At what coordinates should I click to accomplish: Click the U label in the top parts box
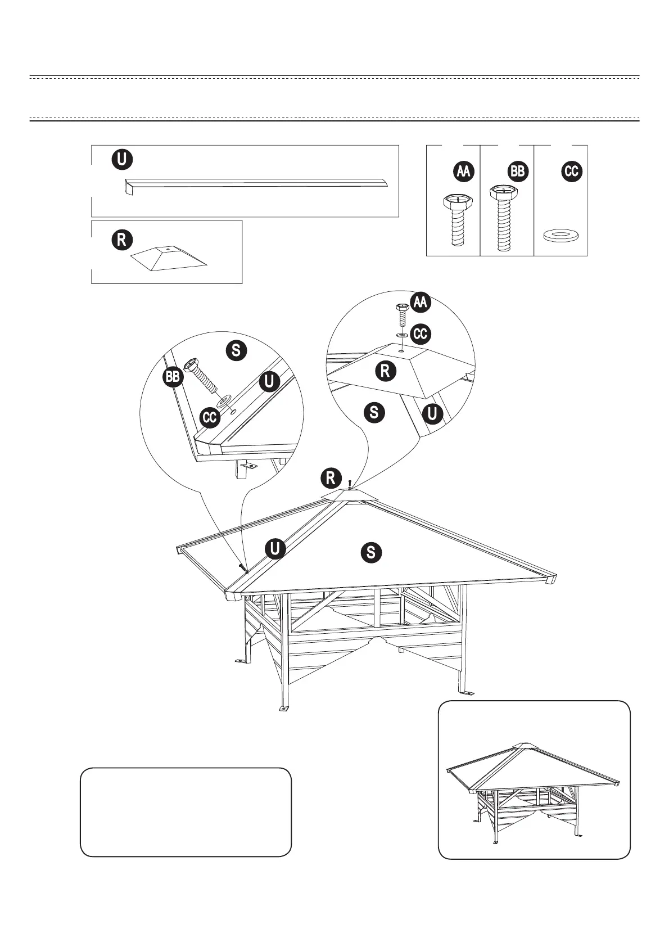(122, 159)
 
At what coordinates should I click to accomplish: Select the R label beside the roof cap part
(121, 240)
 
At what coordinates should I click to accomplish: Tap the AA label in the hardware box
(463, 172)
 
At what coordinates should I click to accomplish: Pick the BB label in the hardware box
(518, 172)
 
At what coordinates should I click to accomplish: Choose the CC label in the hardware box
(572, 172)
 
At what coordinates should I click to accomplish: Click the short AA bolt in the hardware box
(458, 220)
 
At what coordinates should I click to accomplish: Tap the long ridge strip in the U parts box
(256, 183)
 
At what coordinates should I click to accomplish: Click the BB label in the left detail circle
(173, 376)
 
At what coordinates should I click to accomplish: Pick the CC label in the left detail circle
(210, 418)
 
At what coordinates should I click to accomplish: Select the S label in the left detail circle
(236, 350)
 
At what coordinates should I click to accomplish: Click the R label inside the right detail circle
(386, 371)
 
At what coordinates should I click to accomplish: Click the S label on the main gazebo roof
(371, 552)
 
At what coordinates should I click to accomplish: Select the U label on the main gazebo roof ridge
(275, 548)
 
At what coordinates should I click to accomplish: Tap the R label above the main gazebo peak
(331, 478)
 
